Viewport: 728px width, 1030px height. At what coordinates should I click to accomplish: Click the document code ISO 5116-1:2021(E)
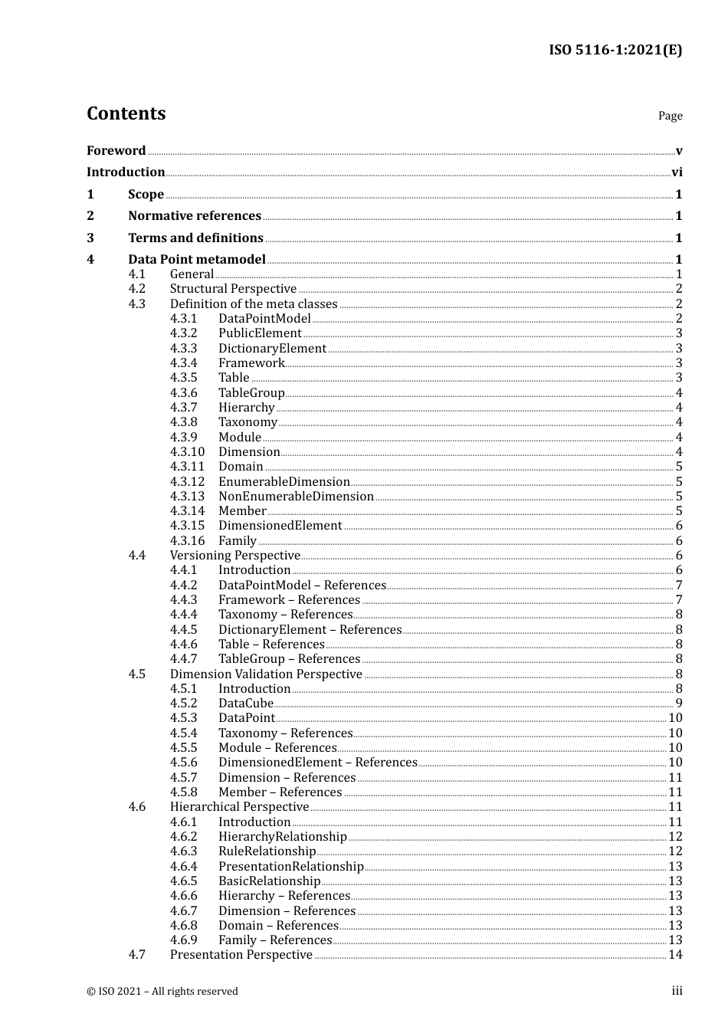(615, 50)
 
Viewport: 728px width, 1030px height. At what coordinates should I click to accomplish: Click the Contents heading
(126, 113)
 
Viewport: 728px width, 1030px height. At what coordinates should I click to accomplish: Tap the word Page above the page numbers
(670, 116)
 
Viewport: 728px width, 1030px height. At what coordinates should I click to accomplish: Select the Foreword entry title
(116, 151)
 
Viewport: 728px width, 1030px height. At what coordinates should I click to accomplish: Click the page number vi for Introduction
(677, 172)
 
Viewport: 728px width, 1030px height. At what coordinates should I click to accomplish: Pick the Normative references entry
(195, 216)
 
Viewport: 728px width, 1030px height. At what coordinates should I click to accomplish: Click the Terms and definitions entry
(195, 238)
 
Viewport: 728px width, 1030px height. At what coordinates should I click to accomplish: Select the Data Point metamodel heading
(197, 260)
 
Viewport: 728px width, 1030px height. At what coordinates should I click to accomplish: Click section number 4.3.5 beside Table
(183, 378)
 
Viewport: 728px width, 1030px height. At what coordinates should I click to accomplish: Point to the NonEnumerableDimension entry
(296, 497)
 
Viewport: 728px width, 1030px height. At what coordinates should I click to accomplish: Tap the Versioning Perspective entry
(234, 556)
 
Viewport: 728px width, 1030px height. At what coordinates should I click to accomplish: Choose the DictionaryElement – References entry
(310, 630)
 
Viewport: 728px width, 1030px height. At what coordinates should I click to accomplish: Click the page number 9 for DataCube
(678, 704)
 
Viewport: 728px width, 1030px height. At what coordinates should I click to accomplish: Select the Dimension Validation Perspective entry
(266, 674)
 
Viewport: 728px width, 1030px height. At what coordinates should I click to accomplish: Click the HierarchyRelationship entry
(282, 837)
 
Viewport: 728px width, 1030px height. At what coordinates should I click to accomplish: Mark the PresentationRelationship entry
(290, 867)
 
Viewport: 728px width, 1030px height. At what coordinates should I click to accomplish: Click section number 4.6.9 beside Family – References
(183, 940)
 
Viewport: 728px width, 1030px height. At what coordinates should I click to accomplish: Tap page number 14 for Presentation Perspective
(675, 955)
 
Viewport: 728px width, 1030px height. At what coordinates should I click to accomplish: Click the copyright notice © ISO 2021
(162, 992)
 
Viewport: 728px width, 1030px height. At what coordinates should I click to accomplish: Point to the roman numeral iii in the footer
(677, 991)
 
